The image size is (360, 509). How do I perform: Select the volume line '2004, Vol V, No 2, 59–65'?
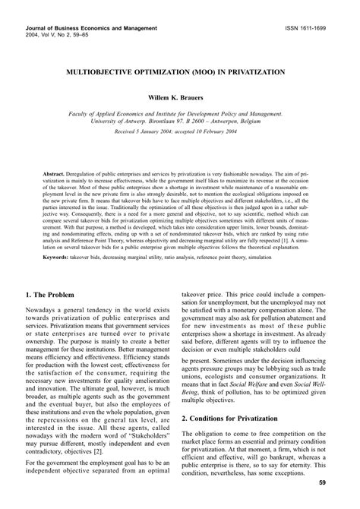tap(48, 35)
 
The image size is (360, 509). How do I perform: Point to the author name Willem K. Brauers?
tap(180, 99)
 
